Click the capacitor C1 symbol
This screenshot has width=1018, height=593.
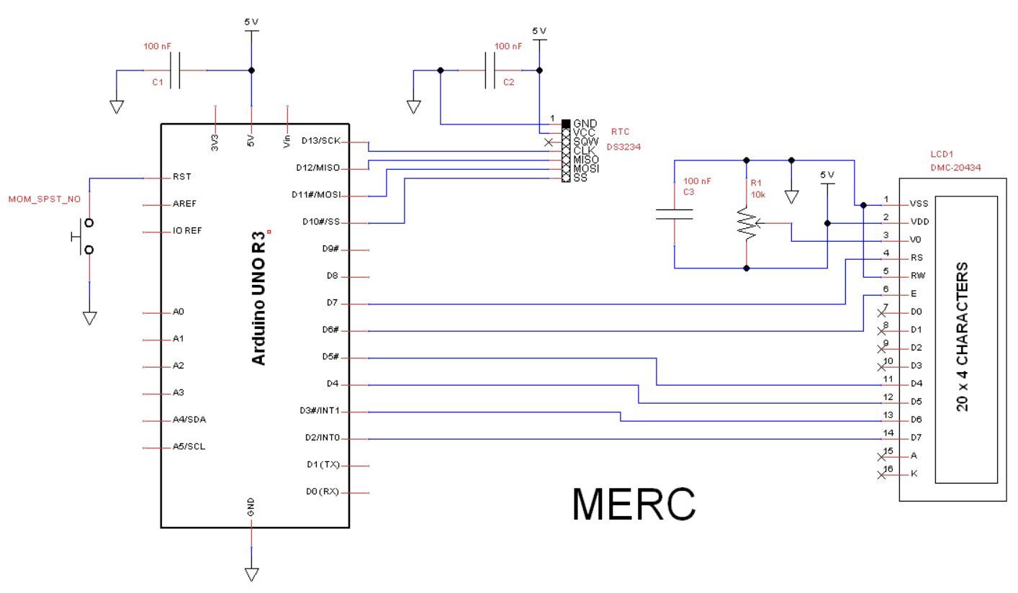(174, 71)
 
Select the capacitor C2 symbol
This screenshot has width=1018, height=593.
(490, 71)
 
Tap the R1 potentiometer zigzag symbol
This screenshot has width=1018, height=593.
(747, 223)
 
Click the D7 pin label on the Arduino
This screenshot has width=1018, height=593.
(332, 304)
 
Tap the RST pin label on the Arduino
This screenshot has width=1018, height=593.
(181, 176)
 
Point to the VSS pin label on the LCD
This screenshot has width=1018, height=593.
(918, 204)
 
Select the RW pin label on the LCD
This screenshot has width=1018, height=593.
(917, 276)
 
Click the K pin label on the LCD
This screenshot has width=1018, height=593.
(914, 474)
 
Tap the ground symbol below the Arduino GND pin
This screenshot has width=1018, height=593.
(251, 574)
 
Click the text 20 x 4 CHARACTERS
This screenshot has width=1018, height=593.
(962, 337)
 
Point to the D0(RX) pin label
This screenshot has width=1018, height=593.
(323, 492)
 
